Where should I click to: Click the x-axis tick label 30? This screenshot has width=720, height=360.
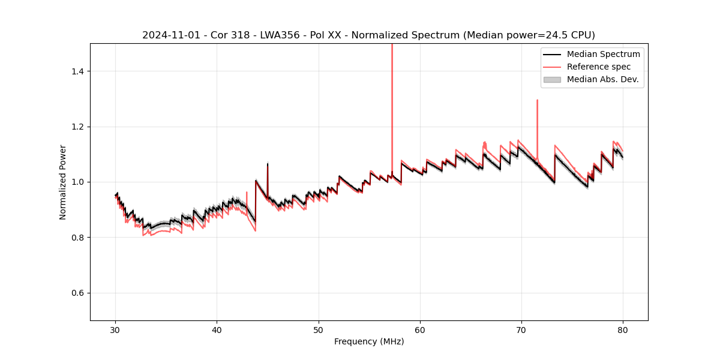(116, 329)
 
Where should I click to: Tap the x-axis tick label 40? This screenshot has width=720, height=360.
(217, 329)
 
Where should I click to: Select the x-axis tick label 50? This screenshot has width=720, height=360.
(319, 329)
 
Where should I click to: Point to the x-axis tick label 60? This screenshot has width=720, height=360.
(420, 329)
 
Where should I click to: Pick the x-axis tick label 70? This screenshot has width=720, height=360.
(521, 329)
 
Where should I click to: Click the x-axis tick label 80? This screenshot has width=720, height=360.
(623, 329)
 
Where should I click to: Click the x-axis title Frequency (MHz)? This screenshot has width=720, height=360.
(369, 341)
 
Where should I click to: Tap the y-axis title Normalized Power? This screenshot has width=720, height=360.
(63, 182)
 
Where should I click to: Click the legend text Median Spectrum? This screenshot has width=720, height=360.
(603, 54)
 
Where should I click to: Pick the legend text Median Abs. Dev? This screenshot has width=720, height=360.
(602, 79)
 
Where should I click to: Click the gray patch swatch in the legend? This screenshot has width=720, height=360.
(552, 79)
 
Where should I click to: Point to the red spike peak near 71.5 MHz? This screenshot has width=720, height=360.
(537, 100)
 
